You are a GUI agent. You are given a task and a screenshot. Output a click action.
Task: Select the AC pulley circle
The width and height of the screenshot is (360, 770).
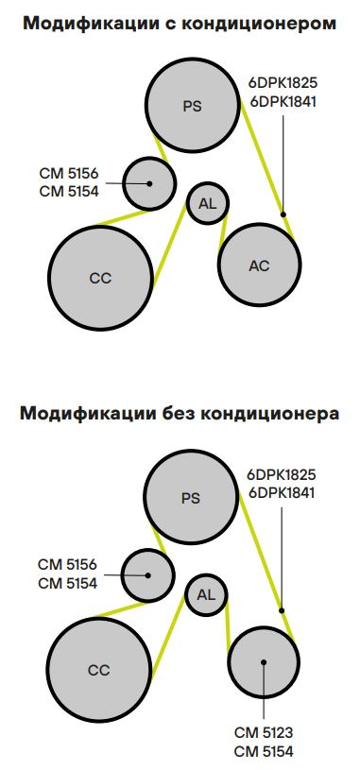259,265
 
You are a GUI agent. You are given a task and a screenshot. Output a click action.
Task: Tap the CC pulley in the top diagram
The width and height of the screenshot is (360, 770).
100,278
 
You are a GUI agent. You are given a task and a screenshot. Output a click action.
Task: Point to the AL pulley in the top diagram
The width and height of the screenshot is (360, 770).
208,203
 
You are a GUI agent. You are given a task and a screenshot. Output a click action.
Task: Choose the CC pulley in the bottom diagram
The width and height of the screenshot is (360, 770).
99,670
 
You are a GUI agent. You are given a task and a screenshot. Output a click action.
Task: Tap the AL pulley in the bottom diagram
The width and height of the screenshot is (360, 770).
207,595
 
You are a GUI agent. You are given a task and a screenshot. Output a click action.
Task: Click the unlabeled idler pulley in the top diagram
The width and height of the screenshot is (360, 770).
149,182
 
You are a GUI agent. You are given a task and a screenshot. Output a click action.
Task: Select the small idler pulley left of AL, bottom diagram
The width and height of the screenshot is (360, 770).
148,574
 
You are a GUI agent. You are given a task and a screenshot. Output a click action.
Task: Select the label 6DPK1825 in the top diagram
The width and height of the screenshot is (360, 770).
283,83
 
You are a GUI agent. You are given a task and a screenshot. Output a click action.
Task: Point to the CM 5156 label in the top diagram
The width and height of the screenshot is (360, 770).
68,173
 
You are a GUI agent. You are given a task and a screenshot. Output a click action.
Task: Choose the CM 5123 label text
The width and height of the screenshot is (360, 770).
264,732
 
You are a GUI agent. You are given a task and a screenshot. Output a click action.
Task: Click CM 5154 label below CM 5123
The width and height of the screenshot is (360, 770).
264,751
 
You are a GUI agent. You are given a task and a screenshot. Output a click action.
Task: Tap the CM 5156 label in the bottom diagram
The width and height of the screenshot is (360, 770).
68,564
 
